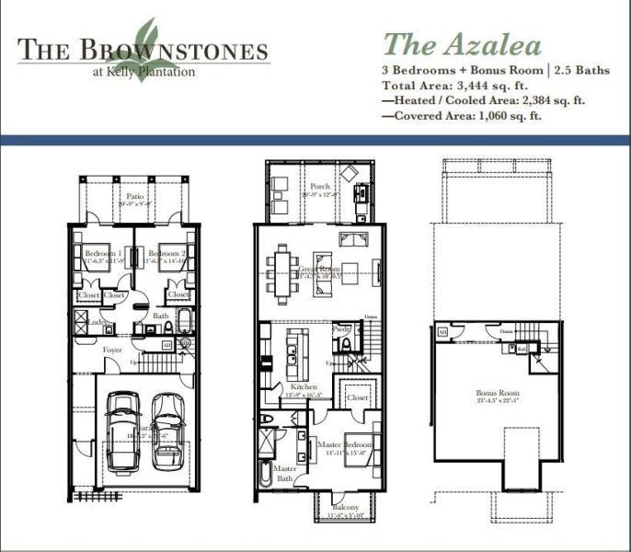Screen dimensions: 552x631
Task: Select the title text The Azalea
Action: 462,43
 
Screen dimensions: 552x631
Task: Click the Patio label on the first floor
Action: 135,196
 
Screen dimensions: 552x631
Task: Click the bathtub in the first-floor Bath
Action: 184,322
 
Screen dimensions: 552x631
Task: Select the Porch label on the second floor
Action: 319,187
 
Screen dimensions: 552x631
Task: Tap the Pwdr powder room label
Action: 341,328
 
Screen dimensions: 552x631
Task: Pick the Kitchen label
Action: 304,387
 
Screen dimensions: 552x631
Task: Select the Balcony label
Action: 346,508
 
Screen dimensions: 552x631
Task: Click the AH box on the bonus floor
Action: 442,331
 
